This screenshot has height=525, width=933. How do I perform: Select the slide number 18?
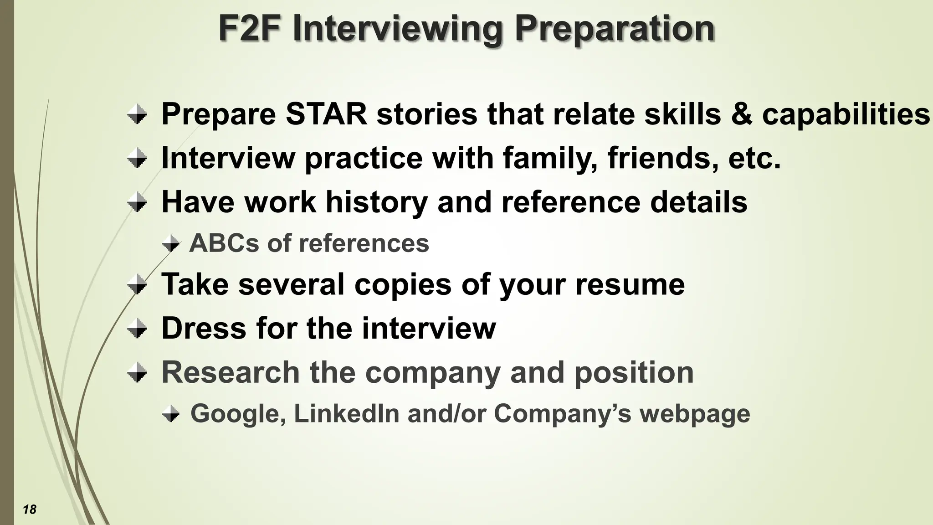click(30, 509)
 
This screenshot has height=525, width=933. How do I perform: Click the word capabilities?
click(846, 113)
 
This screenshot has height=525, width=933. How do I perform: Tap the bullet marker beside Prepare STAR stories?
click(137, 114)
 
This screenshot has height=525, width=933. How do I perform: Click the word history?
click(376, 201)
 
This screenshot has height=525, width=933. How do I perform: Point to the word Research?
click(231, 372)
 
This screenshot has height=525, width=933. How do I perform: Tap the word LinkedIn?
click(346, 413)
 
